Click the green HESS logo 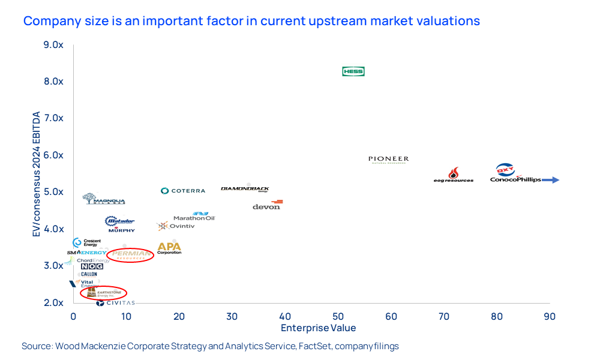click(353, 71)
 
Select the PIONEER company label click(388, 160)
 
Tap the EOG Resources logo click(454, 175)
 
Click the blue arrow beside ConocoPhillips click(551, 179)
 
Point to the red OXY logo click(505, 170)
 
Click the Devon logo click(267, 205)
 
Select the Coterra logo click(183, 191)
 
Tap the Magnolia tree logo click(89, 198)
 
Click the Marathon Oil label click(194, 217)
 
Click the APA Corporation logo click(169, 247)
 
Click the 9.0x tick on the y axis click(53, 45)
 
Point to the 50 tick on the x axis click(338, 316)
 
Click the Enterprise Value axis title click(318, 328)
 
